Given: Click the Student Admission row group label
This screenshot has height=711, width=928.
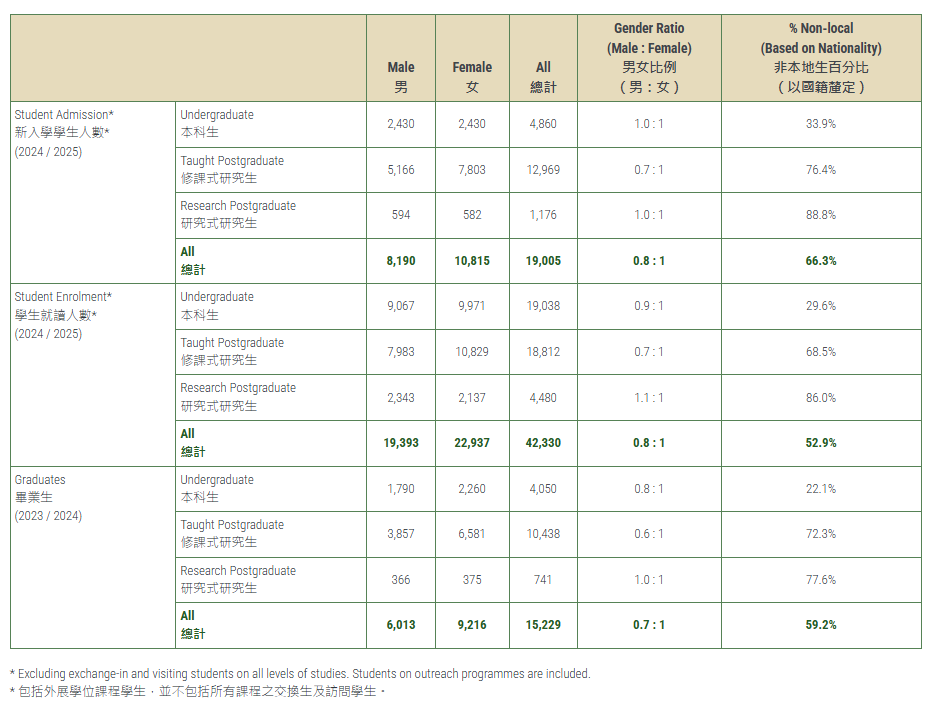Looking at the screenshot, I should [x=64, y=115].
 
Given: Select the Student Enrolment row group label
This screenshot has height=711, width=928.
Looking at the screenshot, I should [x=63, y=297].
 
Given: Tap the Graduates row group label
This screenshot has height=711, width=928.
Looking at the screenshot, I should [x=40, y=480].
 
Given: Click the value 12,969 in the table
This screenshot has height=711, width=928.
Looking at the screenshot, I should [x=543, y=170].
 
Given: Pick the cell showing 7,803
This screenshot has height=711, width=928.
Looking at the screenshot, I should [x=472, y=170].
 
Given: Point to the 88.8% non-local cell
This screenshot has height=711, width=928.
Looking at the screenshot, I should [x=820, y=215].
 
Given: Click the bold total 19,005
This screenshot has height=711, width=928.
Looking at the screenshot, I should [x=543, y=261].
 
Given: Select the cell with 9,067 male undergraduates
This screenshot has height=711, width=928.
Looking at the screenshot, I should [x=401, y=306].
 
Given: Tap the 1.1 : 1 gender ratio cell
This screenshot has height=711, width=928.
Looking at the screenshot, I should [x=649, y=398].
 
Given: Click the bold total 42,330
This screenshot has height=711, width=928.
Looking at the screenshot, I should [x=543, y=443].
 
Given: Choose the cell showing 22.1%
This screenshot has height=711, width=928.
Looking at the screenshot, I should [x=820, y=489].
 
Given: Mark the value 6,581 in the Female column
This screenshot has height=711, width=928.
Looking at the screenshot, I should [x=472, y=534].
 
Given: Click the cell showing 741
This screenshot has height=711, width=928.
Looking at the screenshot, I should [x=543, y=580].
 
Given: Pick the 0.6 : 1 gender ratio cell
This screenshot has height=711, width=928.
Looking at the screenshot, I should [x=649, y=534].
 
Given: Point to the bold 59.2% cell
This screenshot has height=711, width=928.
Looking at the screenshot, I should [x=820, y=625].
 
